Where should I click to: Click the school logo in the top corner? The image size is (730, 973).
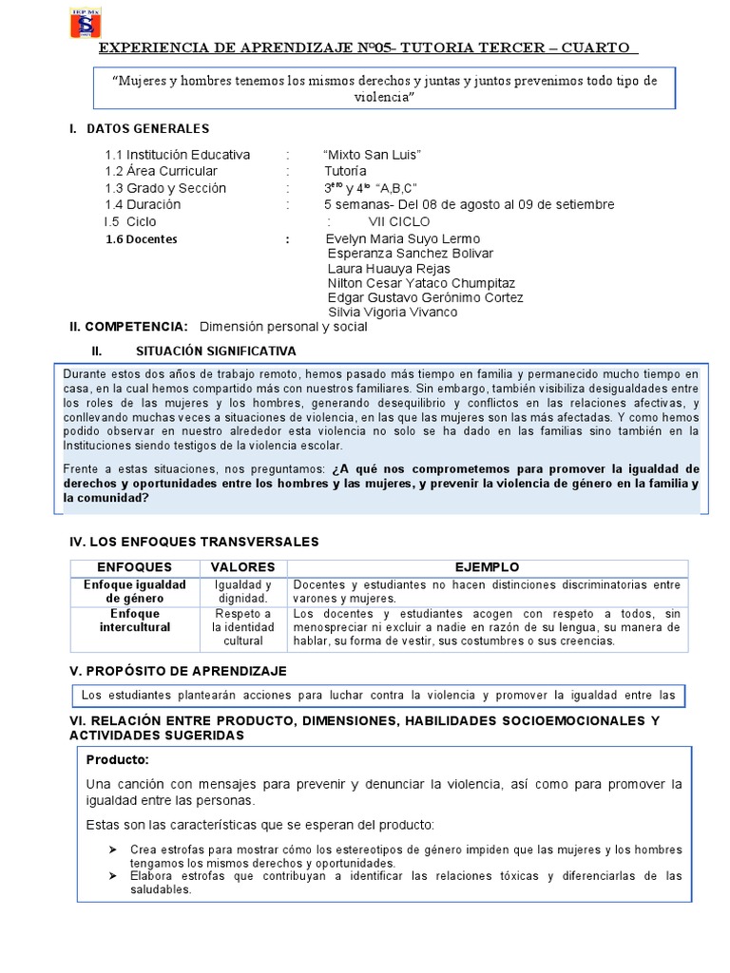pos(86,24)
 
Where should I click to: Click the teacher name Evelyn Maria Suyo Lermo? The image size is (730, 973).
pos(402,238)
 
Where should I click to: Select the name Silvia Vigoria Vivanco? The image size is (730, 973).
pos(393,312)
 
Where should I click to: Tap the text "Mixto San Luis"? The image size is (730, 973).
pos(372,155)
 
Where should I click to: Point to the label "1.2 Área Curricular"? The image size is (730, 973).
pos(161,171)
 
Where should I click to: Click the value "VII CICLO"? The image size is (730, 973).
pos(399,221)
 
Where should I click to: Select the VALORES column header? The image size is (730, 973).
pos(242,567)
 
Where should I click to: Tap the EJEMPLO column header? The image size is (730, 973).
pos(487,567)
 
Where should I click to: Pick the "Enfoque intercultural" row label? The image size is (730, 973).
pos(134,620)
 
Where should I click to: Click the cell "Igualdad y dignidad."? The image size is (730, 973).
pos(242,592)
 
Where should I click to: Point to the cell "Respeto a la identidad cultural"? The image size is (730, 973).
pos(242,627)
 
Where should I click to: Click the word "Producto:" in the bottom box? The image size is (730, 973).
pos(117,760)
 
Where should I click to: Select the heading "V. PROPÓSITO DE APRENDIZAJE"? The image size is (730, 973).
pos(179,671)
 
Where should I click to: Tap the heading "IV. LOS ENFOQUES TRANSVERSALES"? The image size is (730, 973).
pos(195,542)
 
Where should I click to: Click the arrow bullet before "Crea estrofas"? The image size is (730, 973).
pos(113,849)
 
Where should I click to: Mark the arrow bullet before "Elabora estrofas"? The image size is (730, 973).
pos(113,875)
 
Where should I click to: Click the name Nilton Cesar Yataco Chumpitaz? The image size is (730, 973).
pos(421,283)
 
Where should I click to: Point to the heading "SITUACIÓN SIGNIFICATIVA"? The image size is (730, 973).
pos(216,351)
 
